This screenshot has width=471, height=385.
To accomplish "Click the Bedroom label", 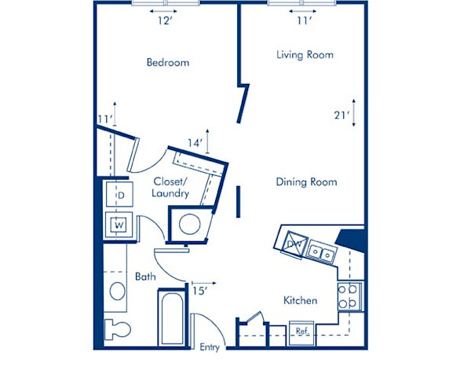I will click(x=168, y=62).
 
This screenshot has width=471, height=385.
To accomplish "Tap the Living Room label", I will click(x=305, y=55).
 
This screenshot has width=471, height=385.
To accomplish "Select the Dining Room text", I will click(x=306, y=182).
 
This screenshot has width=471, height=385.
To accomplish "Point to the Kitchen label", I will click(x=300, y=300).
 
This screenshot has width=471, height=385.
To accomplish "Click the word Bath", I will click(x=145, y=277).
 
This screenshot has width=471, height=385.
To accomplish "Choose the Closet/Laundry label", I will click(x=170, y=186).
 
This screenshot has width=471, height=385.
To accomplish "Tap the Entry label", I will click(x=210, y=347).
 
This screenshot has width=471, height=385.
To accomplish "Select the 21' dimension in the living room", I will click(x=341, y=115).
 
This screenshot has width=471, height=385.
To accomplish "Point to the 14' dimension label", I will click(x=195, y=144).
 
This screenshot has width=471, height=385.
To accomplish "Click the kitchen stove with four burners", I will click(x=349, y=295).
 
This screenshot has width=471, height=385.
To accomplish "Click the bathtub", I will click(x=173, y=318).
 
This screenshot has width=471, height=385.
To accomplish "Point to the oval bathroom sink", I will click(x=118, y=291).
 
